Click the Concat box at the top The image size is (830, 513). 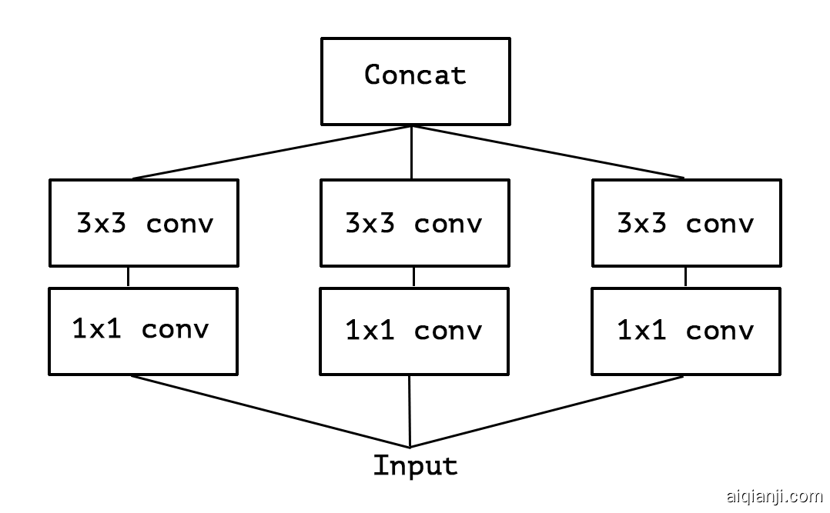pos(414,81)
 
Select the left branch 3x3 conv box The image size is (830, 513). pos(144,223)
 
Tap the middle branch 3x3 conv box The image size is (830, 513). pos(414,223)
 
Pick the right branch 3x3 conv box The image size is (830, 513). pos(686,223)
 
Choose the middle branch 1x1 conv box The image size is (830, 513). pos(414,331)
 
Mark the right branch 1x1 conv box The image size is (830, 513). pos(686,331)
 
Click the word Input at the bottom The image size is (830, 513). pos(415,465)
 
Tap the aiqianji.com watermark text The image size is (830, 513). pos(774,496)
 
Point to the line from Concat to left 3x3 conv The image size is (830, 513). pos(273,152)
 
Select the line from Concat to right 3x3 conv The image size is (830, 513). pos(548,152)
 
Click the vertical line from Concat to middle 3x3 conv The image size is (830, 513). pos(412,152)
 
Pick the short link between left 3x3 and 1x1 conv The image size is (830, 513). pos(129,277)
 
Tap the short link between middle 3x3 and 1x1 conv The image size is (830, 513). pos(413,277)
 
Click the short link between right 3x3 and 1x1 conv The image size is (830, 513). pos(685,277)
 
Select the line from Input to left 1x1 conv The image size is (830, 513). pos(269,411)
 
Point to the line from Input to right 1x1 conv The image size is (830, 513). pos(547,411)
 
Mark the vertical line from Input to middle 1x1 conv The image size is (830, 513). pos(410,411)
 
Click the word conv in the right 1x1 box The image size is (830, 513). pos(719,331)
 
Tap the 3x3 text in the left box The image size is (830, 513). pos(96,223)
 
